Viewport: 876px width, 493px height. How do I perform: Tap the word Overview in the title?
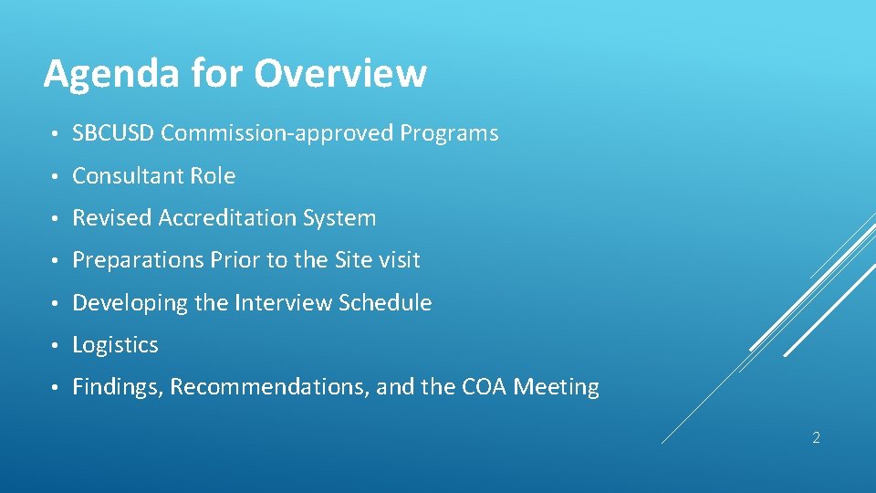point(340,73)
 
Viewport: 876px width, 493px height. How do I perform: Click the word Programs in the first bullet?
point(449,133)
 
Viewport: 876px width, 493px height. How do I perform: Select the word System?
point(340,218)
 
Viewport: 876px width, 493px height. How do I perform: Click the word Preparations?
point(138,261)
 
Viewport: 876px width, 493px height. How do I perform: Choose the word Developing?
point(130,303)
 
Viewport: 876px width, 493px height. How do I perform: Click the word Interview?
point(283,303)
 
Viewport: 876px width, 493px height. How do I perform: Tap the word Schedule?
point(385,303)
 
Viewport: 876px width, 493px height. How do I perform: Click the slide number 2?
point(816,438)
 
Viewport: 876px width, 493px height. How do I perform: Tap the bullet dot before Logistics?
point(55,346)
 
